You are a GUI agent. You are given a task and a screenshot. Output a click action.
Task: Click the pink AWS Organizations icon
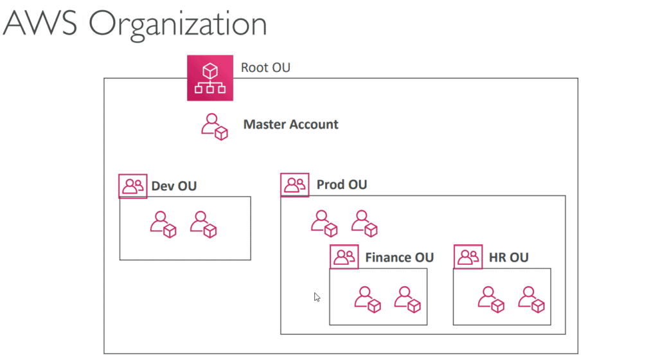[210, 78]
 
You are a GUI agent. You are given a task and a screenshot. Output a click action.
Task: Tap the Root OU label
[265, 67]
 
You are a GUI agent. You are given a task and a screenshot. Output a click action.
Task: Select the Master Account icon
[215, 127]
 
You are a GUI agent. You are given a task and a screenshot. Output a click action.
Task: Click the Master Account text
[290, 125]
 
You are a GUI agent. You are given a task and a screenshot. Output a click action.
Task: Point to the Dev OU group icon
[133, 186]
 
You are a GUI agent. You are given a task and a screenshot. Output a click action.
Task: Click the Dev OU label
[173, 186]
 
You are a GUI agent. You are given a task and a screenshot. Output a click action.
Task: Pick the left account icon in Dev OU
[163, 224]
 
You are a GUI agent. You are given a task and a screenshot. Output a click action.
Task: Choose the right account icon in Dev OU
[204, 224]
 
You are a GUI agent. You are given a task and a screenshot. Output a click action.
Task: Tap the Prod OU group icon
[295, 184]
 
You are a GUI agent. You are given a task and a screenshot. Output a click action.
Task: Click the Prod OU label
[342, 185]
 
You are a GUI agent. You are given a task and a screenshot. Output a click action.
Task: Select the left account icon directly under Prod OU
[325, 223]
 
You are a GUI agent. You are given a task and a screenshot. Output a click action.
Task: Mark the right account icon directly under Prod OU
[364, 223]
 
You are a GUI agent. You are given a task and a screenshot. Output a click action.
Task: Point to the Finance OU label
[399, 258]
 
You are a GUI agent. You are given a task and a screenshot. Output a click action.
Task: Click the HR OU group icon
[468, 257]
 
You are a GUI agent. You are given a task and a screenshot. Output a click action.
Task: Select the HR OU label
[508, 258]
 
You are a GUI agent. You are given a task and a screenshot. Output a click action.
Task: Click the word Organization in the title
[177, 24]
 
